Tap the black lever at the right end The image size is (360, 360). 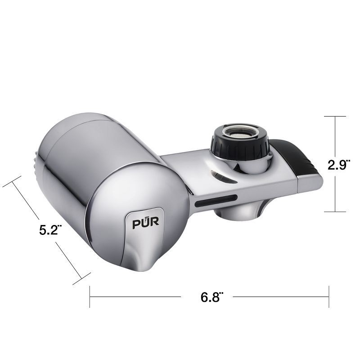click(x=299, y=158)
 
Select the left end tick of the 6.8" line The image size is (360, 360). click(x=90, y=297)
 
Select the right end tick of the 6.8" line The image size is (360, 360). click(x=329, y=297)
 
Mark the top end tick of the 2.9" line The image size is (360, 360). click(x=335, y=117)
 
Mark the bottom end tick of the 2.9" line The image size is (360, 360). click(x=335, y=211)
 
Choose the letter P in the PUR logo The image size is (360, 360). click(x=135, y=223)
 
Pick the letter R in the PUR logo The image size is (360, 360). click(x=150, y=223)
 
